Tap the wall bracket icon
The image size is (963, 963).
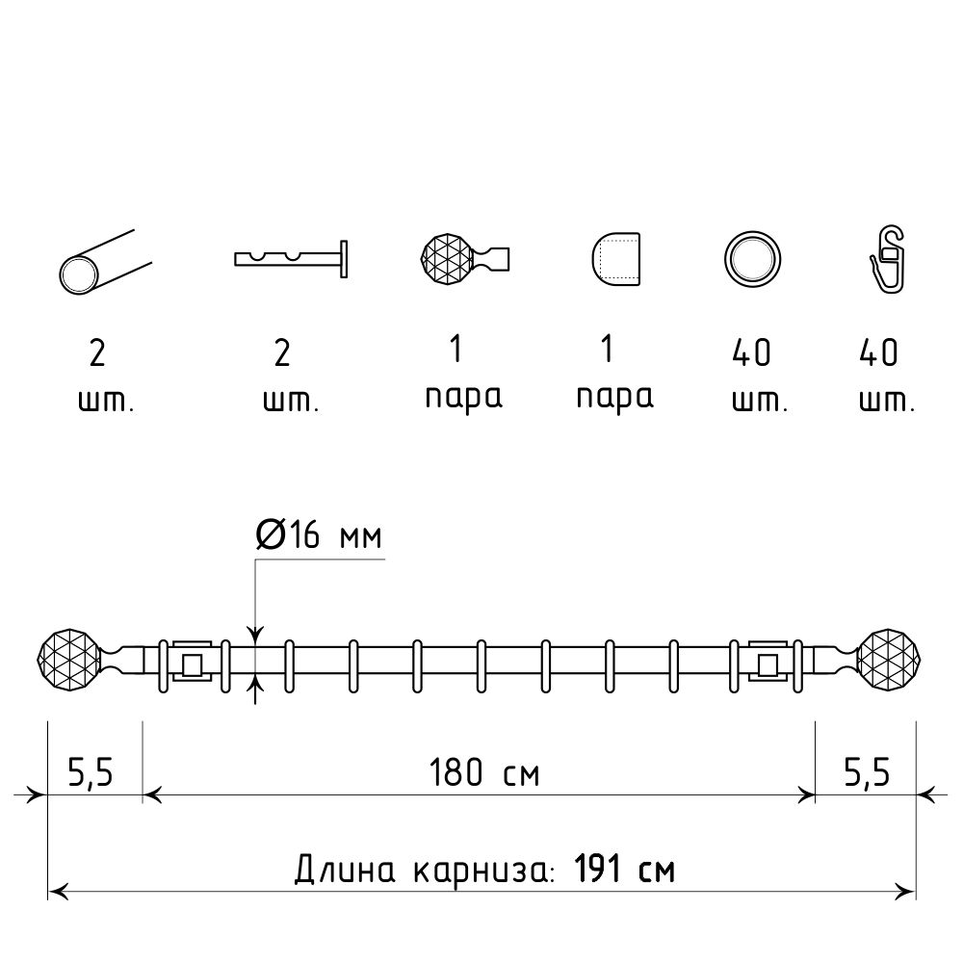(x=291, y=259)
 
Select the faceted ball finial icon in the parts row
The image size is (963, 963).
(x=465, y=258)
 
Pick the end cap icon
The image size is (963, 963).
(x=616, y=259)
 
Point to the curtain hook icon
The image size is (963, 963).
(x=889, y=259)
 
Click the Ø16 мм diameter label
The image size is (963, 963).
(x=319, y=534)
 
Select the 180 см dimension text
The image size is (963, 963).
(x=484, y=772)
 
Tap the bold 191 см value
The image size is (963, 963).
(x=625, y=869)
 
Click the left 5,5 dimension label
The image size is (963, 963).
(x=91, y=772)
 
